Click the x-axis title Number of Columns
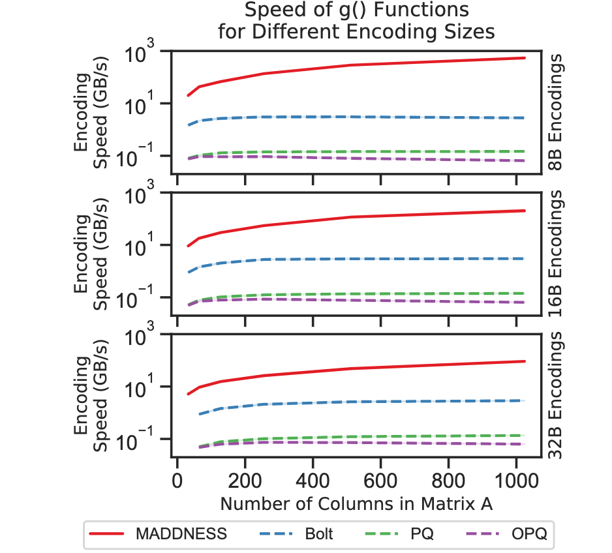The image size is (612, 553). click(x=352, y=504)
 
